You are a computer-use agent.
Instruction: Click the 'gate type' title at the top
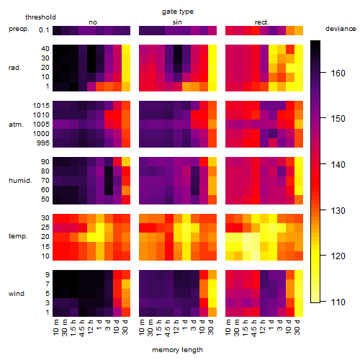tap(178, 12)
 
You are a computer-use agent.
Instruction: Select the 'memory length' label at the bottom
tap(177, 350)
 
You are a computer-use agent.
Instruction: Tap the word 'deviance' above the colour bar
tap(341, 29)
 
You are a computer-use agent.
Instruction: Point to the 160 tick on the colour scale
tap(338, 73)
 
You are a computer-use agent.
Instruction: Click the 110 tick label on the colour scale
tap(338, 302)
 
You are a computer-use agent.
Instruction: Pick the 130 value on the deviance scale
tap(338, 210)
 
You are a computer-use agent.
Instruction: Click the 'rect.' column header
tap(262, 22)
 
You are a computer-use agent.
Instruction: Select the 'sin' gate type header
tap(177, 22)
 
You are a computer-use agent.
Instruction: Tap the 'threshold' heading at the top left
tap(40, 17)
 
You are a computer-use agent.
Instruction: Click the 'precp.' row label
tap(19, 29)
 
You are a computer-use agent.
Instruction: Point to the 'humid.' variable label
tap(20, 181)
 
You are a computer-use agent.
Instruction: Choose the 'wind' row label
tap(17, 294)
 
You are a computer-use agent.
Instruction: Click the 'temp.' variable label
tap(18, 236)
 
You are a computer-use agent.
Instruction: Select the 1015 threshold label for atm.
tap(41, 106)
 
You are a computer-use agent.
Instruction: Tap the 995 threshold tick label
tap(43, 143)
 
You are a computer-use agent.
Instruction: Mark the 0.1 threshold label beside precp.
tap(44, 30)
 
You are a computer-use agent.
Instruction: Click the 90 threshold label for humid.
tap(45, 162)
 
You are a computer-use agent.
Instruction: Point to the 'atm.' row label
tap(16, 125)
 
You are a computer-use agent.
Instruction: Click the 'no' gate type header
tap(93, 22)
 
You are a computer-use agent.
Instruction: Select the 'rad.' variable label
tap(15, 68)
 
